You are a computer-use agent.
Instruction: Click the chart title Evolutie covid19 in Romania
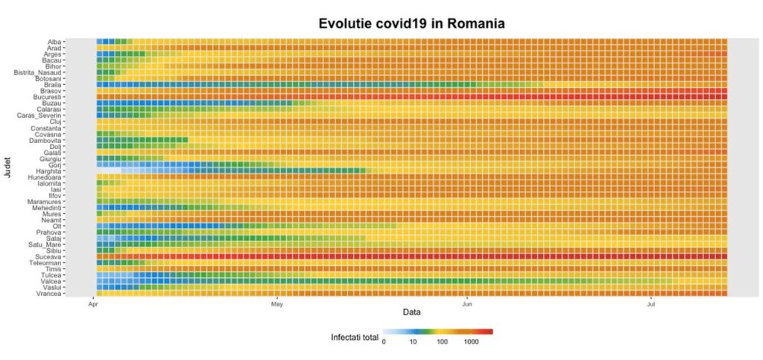click(412, 24)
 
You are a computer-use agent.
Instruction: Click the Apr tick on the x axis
click(94, 304)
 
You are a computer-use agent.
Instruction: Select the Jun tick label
click(467, 304)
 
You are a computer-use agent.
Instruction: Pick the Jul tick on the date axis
click(651, 304)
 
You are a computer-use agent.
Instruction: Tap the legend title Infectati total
click(355, 338)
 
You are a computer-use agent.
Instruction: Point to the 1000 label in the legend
click(471, 343)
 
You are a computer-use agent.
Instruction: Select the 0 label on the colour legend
click(384, 343)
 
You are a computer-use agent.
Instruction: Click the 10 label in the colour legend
click(413, 343)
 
